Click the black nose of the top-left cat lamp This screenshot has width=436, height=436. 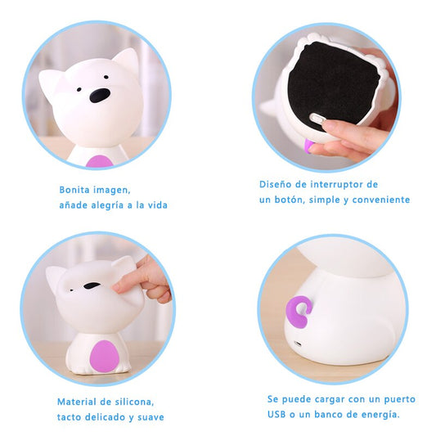tap(100, 95)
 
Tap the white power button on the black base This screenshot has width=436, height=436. tap(317, 119)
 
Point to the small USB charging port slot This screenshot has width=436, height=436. tap(298, 344)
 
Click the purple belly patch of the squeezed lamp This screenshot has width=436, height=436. tap(104, 357)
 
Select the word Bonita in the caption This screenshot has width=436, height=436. tap(74, 190)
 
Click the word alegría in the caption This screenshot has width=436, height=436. tap(107, 205)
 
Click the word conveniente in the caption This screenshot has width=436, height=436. tap(381, 200)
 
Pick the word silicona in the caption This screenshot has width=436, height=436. tap(135, 402)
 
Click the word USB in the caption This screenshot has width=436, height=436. tap(276, 415)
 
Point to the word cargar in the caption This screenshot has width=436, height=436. tap(328, 400)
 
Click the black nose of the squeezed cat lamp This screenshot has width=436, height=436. tap(92, 285)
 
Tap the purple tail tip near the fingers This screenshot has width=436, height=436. tap(308, 146)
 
